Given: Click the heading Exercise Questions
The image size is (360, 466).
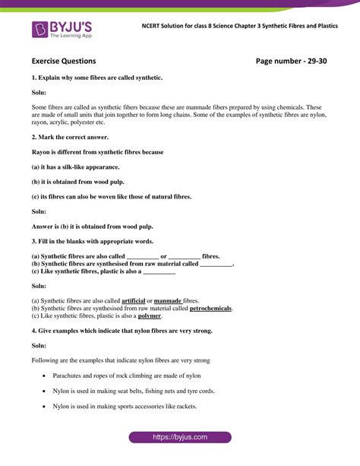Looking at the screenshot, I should click(x=64, y=61).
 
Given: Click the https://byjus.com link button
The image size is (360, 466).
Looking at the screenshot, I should click(x=179, y=438).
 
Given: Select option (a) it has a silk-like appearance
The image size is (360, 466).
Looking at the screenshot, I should click(x=75, y=166).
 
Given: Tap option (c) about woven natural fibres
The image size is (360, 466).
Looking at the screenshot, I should click(x=111, y=196).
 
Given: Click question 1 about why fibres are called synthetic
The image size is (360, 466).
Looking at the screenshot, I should click(x=96, y=78).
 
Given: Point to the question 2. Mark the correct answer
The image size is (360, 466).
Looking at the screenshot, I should click(x=71, y=137).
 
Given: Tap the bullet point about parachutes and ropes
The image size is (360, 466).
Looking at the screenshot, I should click(x=127, y=376).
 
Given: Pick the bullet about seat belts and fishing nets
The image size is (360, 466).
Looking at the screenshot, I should click(x=133, y=391).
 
